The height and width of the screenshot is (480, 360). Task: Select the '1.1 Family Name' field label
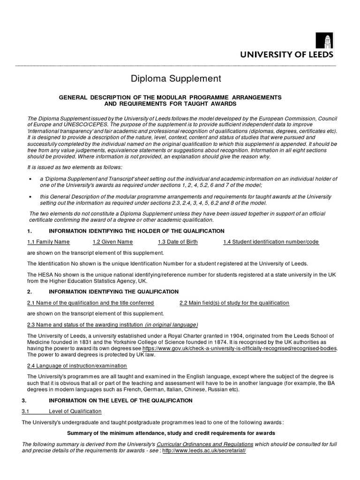click(x=48, y=242)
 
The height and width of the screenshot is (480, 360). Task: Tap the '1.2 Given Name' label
click(x=112, y=242)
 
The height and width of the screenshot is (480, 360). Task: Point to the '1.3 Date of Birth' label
click(x=178, y=242)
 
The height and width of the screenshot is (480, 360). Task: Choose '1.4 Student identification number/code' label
click(x=270, y=242)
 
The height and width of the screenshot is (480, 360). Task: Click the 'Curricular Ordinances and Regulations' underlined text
click(x=205, y=443)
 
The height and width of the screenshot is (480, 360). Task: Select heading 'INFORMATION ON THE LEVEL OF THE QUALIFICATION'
click(x=120, y=400)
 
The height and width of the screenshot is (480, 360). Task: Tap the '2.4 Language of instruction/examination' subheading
click(x=78, y=366)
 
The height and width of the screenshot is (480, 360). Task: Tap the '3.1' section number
click(x=26, y=411)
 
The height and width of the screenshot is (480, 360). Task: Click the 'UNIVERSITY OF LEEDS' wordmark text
click(x=287, y=55)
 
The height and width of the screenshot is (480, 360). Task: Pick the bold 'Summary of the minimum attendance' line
click(x=171, y=433)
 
